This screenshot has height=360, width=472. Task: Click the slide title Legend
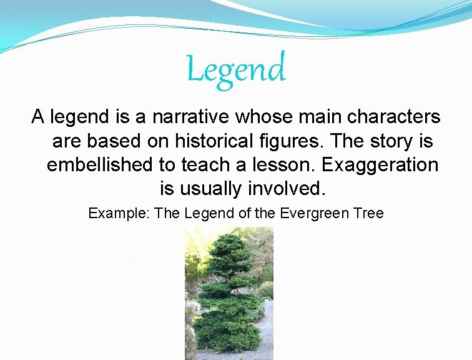point(236,69)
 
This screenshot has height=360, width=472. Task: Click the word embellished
point(103,165)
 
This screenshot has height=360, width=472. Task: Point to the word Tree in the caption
point(370,213)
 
